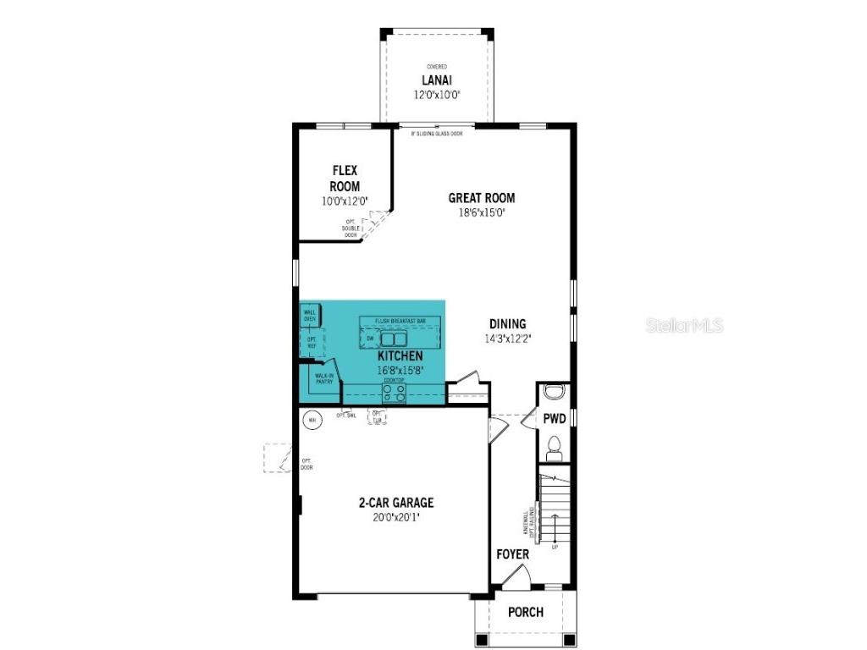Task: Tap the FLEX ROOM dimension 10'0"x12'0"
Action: pos(345,201)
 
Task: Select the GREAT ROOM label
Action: pos(482,198)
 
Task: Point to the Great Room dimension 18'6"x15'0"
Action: pos(482,214)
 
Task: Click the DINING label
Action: pos(508,323)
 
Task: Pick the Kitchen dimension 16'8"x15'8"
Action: pos(400,370)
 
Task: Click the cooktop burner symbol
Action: pos(394,392)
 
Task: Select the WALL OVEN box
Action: pos(309,315)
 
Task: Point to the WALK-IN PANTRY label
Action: pos(324,380)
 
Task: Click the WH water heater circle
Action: pos(312,420)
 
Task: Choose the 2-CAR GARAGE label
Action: pos(395,503)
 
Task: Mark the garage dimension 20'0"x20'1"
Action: pos(395,517)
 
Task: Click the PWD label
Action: pos(554,418)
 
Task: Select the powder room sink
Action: pos(555,391)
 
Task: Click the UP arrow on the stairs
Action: pos(555,547)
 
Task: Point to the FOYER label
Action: pos(512,554)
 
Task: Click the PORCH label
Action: pos(525,612)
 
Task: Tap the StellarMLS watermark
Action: pos(685,325)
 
